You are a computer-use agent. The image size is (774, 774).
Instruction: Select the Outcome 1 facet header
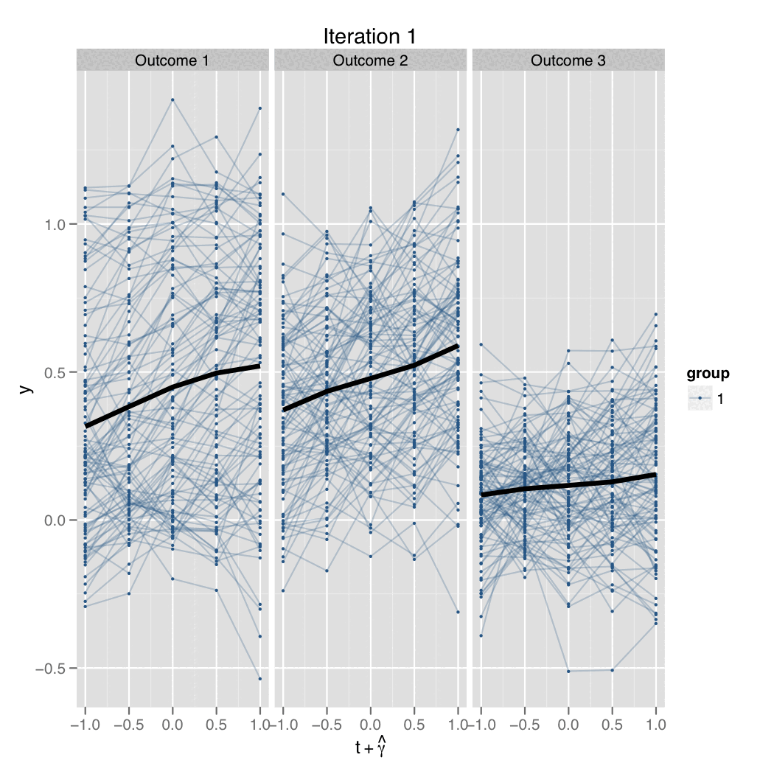point(172,60)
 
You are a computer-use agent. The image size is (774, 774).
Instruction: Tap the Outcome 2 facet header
point(370,60)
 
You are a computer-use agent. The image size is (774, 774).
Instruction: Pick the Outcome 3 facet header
point(568,60)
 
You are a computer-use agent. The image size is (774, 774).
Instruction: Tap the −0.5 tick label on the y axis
point(49,669)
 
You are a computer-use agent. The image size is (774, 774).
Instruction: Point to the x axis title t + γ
point(370,747)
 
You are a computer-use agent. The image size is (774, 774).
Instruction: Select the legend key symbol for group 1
point(698,399)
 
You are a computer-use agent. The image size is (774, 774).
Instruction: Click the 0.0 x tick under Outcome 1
point(172,725)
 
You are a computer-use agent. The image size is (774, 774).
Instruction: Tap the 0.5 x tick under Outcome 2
point(414,725)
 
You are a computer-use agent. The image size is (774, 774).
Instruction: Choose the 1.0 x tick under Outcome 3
point(655,725)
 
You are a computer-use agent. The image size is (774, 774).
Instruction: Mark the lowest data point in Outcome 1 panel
point(260,678)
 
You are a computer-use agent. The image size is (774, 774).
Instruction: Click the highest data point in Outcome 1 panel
point(172,100)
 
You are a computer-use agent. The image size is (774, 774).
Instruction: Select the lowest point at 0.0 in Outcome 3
point(568,671)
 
